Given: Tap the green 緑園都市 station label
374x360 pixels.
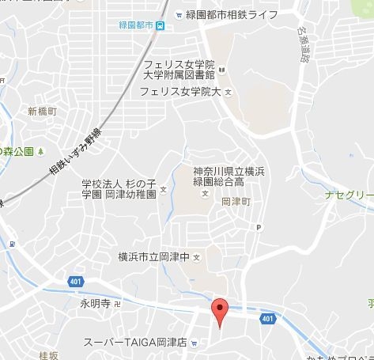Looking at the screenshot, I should (x=135, y=25).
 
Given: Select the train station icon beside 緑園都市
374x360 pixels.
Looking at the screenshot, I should (x=161, y=25).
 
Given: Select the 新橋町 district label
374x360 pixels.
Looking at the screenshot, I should (x=43, y=110).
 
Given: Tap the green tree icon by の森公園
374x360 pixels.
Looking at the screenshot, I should (x=41, y=150).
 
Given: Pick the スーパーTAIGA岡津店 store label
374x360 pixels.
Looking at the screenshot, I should (x=136, y=343).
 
